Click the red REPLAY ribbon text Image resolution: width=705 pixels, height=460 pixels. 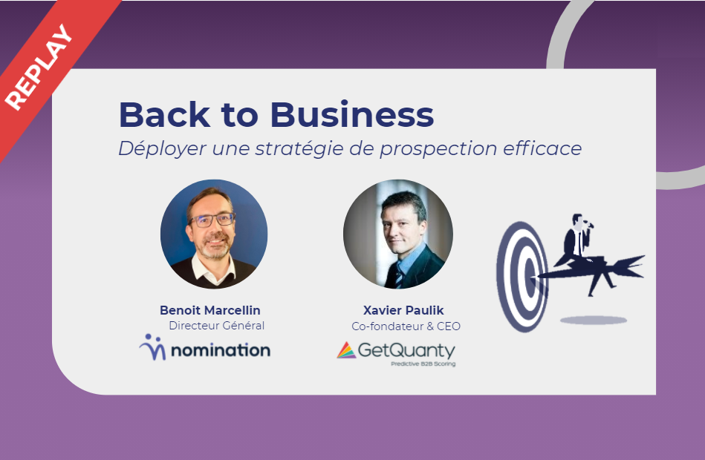coord(39,67)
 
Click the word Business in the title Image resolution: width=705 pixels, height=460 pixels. coord(352,114)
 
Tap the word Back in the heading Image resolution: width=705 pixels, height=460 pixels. coord(165,114)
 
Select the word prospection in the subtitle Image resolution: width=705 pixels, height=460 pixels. coord(438,149)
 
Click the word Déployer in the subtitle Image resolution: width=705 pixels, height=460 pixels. coord(162,148)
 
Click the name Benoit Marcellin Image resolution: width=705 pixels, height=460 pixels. coord(210,310)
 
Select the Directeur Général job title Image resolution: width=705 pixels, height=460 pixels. coord(217,325)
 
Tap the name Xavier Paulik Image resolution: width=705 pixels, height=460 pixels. coord(403,310)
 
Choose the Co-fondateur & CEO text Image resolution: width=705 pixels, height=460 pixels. coord(406,326)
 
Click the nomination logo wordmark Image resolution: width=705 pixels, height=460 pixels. coord(221,350)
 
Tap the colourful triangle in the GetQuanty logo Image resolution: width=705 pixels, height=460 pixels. coord(346,350)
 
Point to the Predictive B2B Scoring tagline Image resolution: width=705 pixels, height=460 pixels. coord(423,364)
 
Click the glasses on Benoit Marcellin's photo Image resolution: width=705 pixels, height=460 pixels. coord(212,220)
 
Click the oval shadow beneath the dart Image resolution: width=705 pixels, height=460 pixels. coord(594,321)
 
